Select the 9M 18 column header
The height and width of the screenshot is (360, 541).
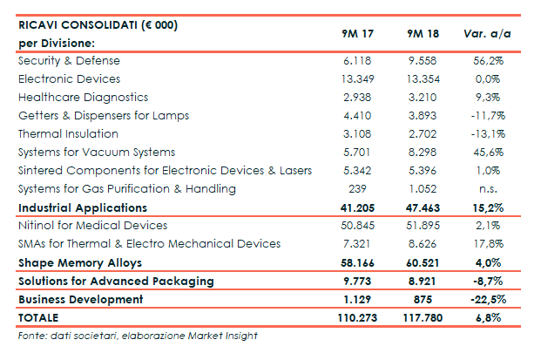point(423,34)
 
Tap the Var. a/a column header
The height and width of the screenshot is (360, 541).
point(487,34)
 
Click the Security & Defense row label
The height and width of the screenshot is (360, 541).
point(69,61)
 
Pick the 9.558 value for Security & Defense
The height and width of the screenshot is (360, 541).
point(422,61)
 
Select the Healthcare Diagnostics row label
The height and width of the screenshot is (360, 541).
point(83,98)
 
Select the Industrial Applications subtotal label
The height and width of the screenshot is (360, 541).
point(82,208)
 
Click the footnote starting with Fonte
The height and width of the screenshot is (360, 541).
point(138,336)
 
